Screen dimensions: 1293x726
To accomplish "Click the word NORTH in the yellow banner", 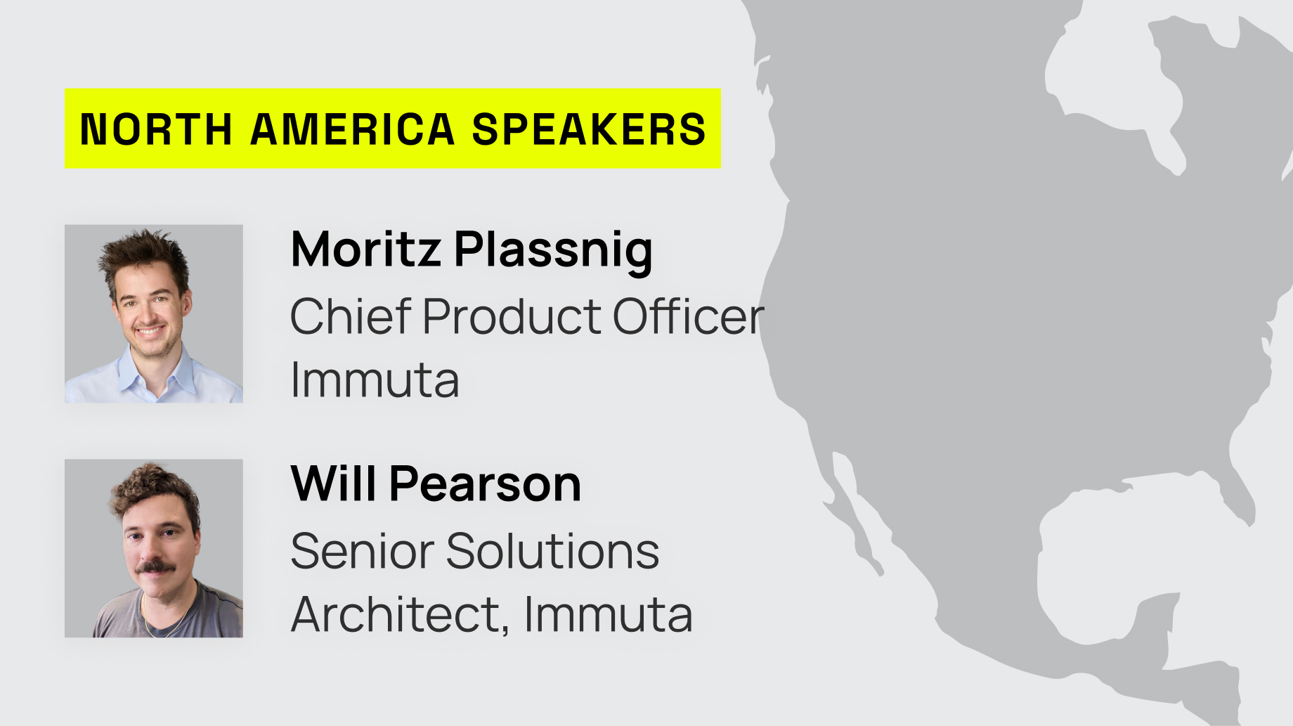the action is click(156, 129).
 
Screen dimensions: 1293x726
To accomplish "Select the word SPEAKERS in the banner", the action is click(589, 129).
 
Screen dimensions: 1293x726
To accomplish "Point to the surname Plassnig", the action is click(554, 251).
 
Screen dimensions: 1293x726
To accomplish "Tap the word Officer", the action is click(688, 316).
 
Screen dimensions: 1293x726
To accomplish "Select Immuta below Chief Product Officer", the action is click(375, 380).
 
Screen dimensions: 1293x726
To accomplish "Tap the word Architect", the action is click(400, 614).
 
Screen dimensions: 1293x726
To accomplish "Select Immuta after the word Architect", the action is click(608, 614).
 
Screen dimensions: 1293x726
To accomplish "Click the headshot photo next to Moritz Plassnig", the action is click(154, 313).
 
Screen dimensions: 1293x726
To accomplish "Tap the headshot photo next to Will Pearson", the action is click(154, 548).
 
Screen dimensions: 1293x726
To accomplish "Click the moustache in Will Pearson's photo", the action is click(155, 566).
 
